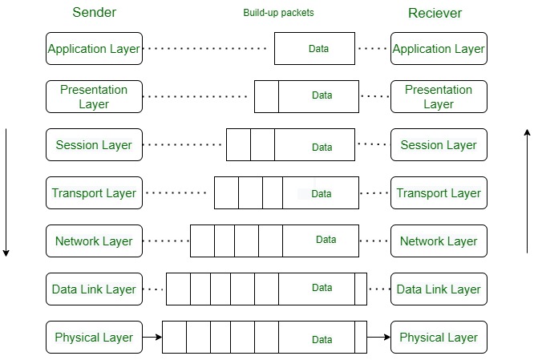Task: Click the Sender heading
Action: pos(94,13)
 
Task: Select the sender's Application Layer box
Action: pos(94,49)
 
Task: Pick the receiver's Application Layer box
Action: pos(439,49)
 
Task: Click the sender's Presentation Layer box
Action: pos(94,97)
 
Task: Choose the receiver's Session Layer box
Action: pos(439,145)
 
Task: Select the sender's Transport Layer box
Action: pos(94,193)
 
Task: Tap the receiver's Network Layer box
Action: pos(439,241)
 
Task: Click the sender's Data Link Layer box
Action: pos(94,289)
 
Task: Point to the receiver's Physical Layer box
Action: pos(439,338)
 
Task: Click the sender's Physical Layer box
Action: pos(94,338)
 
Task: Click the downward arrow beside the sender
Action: pos(6,192)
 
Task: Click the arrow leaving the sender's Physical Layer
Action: pos(152,338)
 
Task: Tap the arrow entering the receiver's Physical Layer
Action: pos(378,338)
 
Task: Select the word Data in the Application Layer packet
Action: pos(318,49)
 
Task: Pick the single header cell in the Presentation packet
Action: pos(266,96)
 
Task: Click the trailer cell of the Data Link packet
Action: pos(361,289)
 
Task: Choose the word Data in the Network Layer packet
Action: pos(326,240)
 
